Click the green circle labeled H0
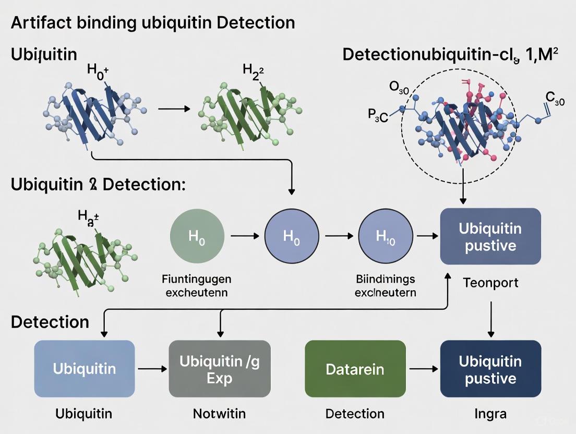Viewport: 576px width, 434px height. pos(197,236)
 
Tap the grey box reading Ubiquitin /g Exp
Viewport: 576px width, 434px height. pos(220,369)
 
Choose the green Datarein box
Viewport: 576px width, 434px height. pos(355,369)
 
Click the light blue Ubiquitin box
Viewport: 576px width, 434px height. pos(85,369)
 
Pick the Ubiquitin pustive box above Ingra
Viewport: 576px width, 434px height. pos(490,369)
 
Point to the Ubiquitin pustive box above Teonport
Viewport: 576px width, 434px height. pos(490,236)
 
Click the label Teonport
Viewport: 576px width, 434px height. pos(490,283)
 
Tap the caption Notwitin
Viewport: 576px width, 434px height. pos(219,414)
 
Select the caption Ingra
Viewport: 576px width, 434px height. pos(490,414)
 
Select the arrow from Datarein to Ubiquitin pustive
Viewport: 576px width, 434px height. pos(423,369)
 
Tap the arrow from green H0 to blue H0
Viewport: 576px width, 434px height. pos(244,236)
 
